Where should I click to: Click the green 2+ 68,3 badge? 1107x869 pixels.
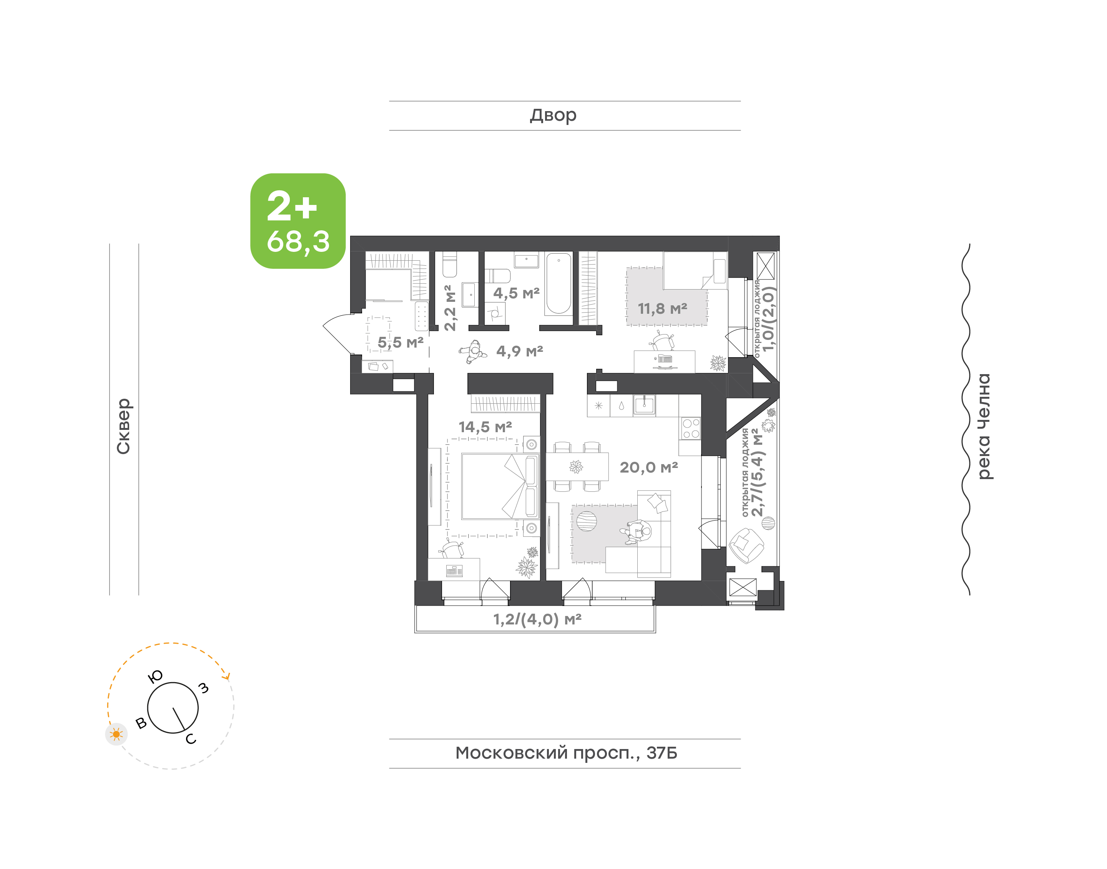[298, 221]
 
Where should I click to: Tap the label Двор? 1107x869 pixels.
[553, 115]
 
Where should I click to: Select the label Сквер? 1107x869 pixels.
[123, 426]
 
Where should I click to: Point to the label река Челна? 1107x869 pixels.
[984, 426]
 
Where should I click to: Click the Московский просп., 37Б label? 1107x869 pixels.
[566, 752]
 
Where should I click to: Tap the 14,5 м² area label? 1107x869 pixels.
[485, 427]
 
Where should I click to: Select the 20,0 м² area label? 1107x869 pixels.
[649, 467]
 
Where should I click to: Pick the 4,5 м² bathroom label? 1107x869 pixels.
[516, 293]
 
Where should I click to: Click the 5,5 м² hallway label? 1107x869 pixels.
[400, 343]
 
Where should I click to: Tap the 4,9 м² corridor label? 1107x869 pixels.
[520, 351]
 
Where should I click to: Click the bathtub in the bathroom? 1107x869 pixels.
[558, 284]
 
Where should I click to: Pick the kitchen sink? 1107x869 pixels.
[644, 405]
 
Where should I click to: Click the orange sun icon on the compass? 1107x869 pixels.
[116, 734]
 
